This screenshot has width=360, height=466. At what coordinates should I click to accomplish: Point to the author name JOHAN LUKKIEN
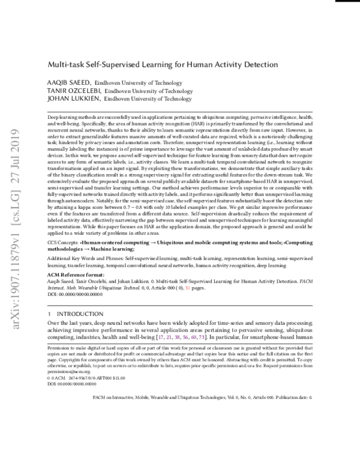click(72, 98)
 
